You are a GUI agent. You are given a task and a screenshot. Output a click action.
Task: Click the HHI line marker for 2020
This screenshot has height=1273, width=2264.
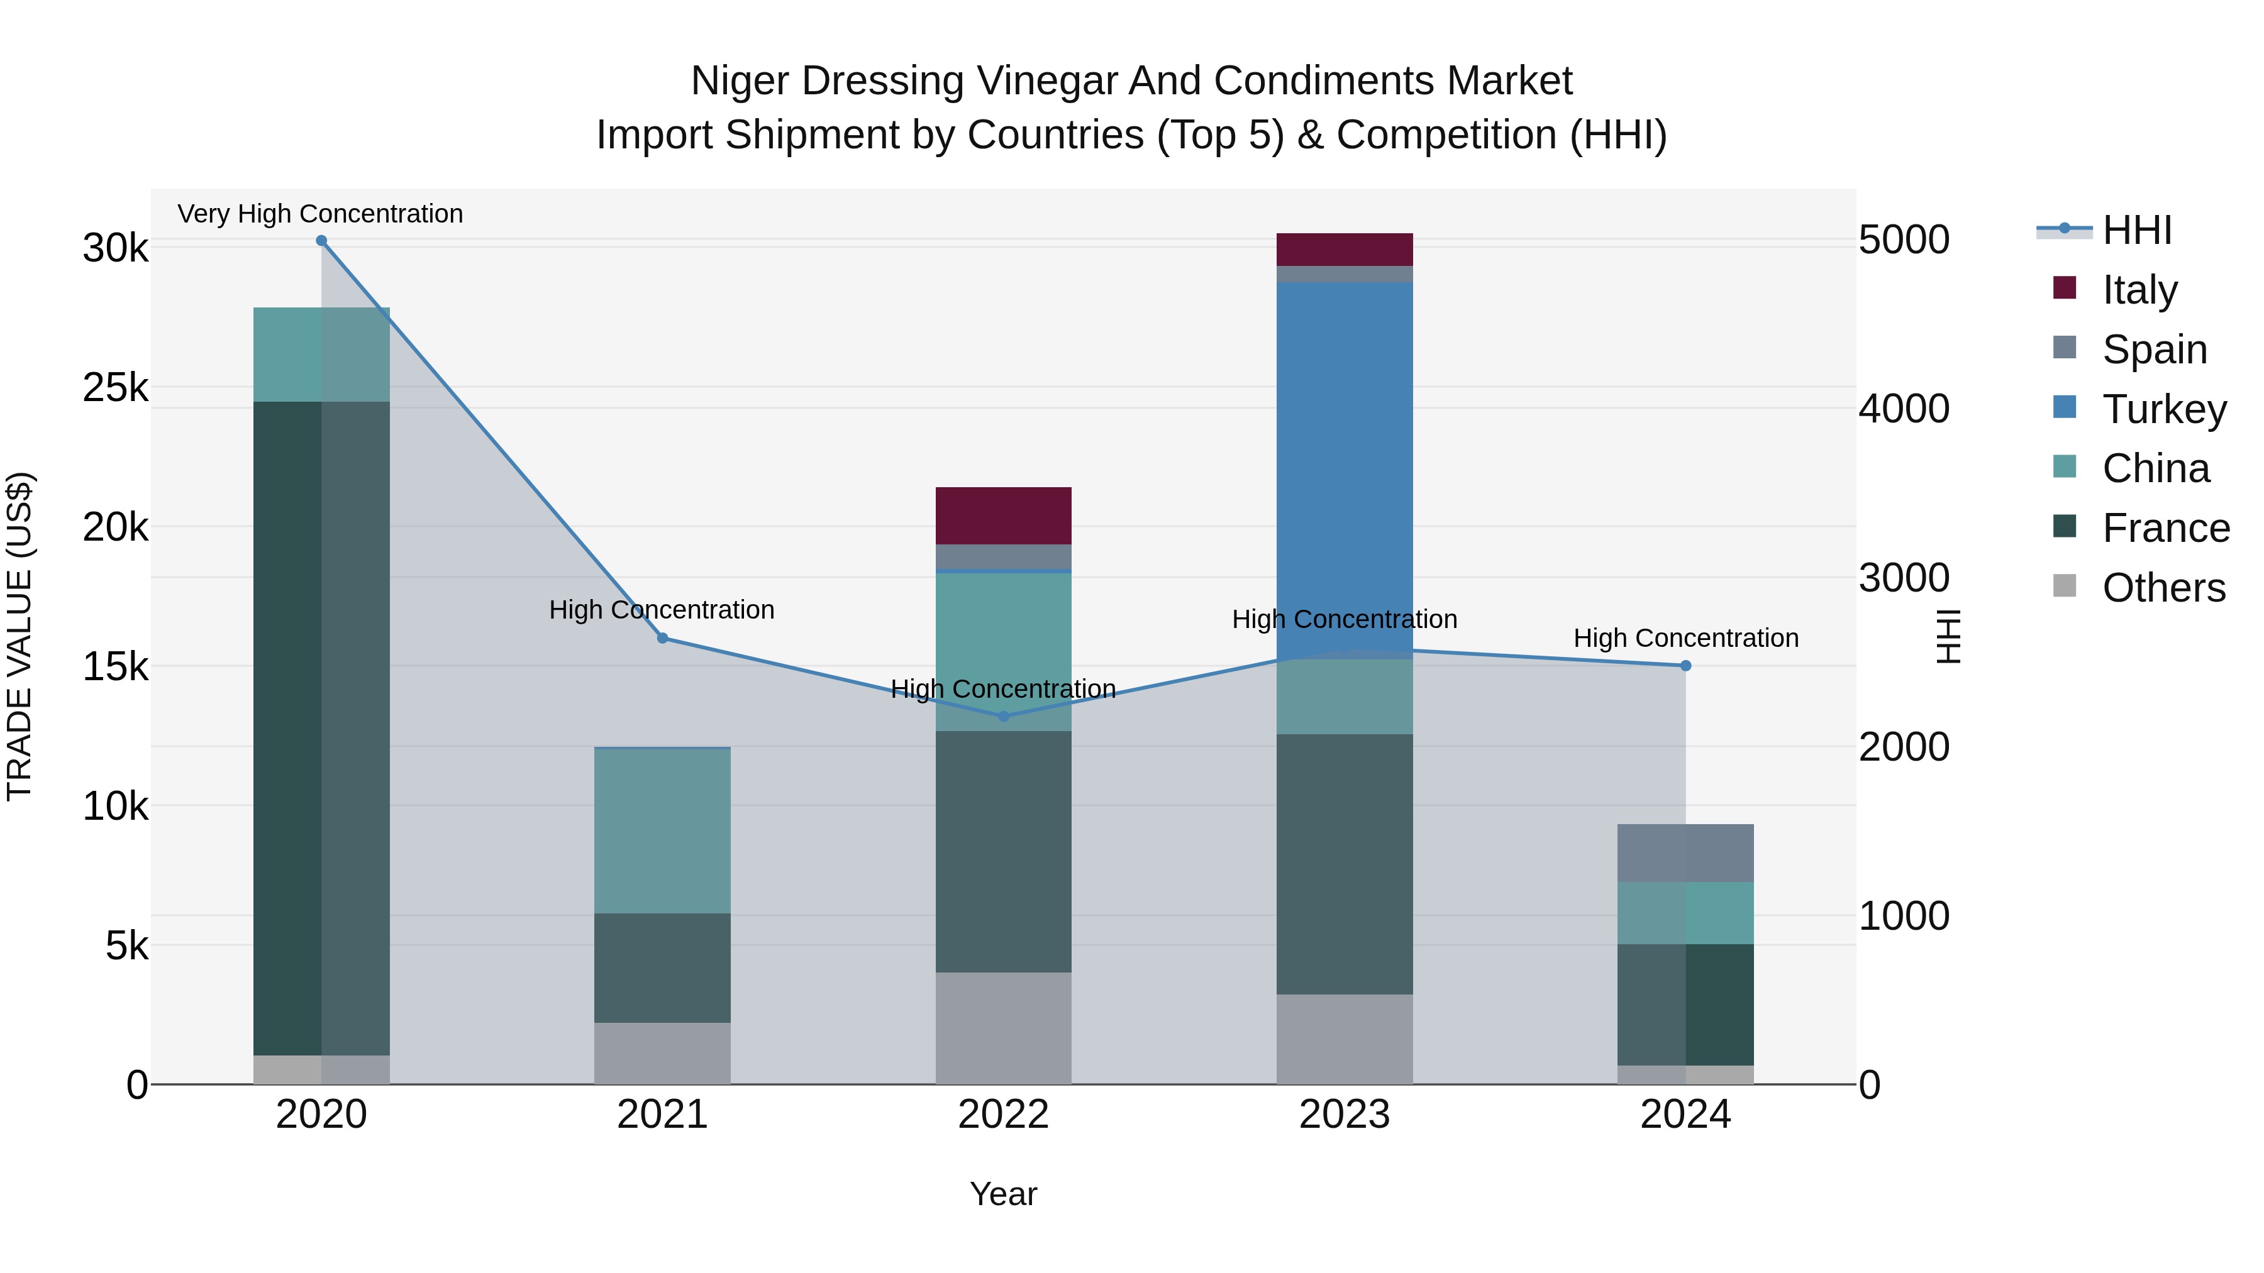point(321,241)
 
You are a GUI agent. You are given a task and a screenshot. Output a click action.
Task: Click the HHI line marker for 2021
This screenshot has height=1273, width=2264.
point(663,638)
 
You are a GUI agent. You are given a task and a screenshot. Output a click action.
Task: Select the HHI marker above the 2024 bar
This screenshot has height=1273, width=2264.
point(1685,666)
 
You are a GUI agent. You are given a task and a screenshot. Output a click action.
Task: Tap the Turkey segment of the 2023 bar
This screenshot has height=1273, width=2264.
point(1344,466)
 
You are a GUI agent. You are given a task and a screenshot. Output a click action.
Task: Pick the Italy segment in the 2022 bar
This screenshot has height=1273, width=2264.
point(1003,515)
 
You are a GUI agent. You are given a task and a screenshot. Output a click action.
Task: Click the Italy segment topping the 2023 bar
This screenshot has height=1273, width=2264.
point(1344,250)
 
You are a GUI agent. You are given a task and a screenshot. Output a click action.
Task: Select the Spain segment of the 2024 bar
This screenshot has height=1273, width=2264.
point(1685,853)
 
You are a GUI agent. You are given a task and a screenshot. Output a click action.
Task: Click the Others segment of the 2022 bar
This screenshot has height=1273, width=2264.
point(1003,1028)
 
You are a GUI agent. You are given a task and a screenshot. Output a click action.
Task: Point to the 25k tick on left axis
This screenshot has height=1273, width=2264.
point(115,387)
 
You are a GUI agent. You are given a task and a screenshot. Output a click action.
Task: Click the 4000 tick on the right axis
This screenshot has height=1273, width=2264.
point(1904,409)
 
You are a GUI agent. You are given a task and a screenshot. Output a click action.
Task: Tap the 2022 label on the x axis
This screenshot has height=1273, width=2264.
point(1003,1115)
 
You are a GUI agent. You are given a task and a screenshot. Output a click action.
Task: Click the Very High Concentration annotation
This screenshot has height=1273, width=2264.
point(320,214)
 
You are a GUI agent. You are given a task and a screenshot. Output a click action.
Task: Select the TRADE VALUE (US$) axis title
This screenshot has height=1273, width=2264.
point(19,636)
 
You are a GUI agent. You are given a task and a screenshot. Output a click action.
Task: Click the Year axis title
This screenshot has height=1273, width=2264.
point(1003,1194)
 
